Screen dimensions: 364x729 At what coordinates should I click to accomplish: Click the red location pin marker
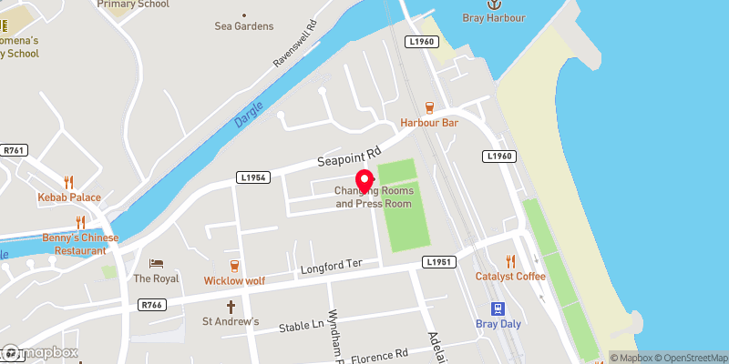[x=364, y=180]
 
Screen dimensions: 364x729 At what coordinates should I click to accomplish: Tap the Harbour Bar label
[x=428, y=123]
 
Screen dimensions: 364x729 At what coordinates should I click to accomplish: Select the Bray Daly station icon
[x=498, y=308]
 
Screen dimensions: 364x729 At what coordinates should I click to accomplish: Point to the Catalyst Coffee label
[x=510, y=276]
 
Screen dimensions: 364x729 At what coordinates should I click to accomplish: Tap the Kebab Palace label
[x=69, y=197]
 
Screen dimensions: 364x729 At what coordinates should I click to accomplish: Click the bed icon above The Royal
[x=156, y=263]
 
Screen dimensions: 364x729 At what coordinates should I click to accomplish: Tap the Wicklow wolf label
[x=234, y=280]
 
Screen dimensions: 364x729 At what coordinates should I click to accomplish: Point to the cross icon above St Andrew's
[x=231, y=307]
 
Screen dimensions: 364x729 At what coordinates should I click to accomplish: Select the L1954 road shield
[x=254, y=177]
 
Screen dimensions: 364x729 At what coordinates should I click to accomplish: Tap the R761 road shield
[x=13, y=151]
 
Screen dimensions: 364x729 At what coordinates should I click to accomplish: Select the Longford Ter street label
[x=331, y=267]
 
